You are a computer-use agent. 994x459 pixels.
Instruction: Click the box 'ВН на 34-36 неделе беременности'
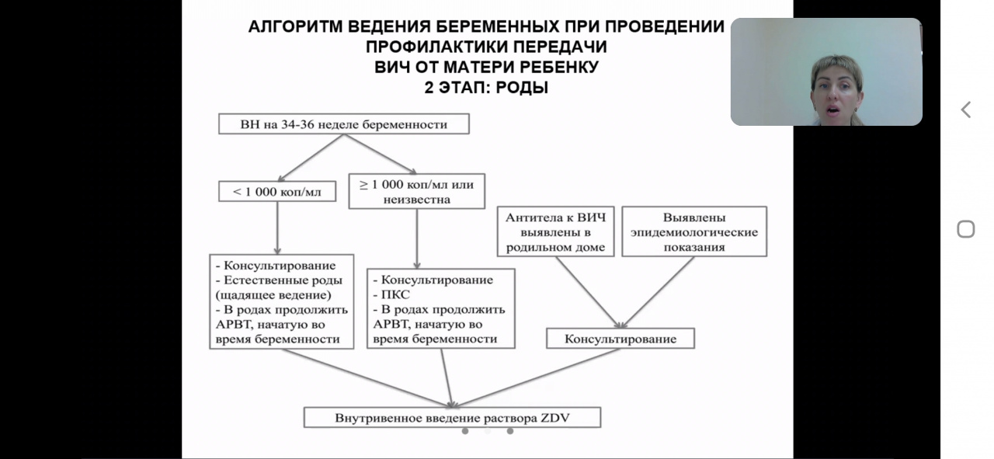[x=343, y=123]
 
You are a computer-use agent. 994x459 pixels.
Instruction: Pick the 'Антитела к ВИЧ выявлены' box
[x=555, y=231]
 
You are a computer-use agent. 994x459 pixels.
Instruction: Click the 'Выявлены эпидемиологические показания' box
[x=694, y=231]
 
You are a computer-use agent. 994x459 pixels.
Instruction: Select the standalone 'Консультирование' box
[x=620, y=339]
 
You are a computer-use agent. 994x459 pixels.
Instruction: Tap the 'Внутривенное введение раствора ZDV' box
[x=452, y=418]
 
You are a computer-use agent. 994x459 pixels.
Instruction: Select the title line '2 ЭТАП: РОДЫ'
[x=486, y=88]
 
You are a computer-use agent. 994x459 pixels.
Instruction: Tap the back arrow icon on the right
[x=966, y=110]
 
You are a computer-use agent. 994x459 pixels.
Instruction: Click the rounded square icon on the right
[x=965, y=229]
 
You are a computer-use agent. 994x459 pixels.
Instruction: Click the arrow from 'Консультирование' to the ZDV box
[x=536, y=377]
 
